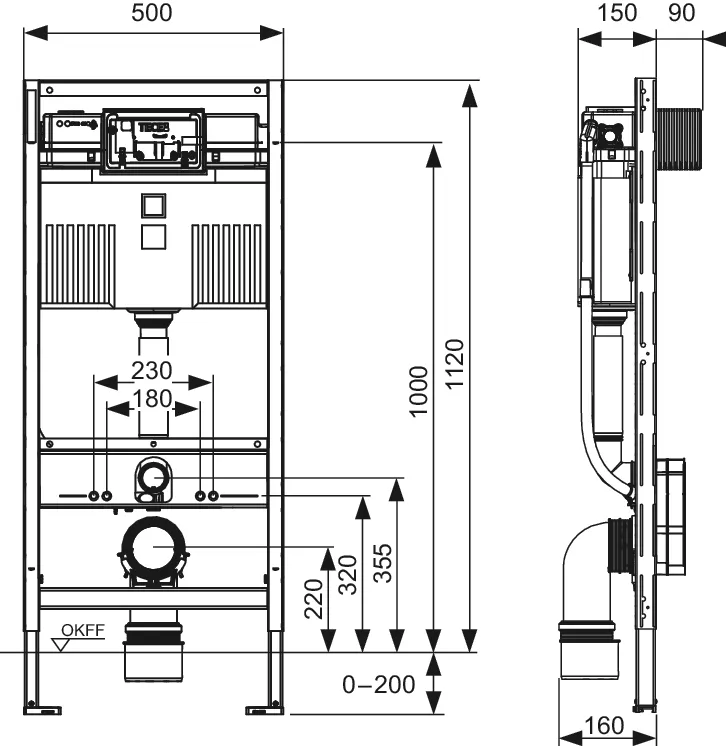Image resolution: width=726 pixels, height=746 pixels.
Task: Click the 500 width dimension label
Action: coord(153,13)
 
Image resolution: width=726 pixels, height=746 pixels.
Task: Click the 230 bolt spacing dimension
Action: coord(152,370)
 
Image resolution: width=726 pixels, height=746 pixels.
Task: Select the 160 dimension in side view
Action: coord(603,724)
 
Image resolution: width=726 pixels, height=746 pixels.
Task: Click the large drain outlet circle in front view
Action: coord(154,548)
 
